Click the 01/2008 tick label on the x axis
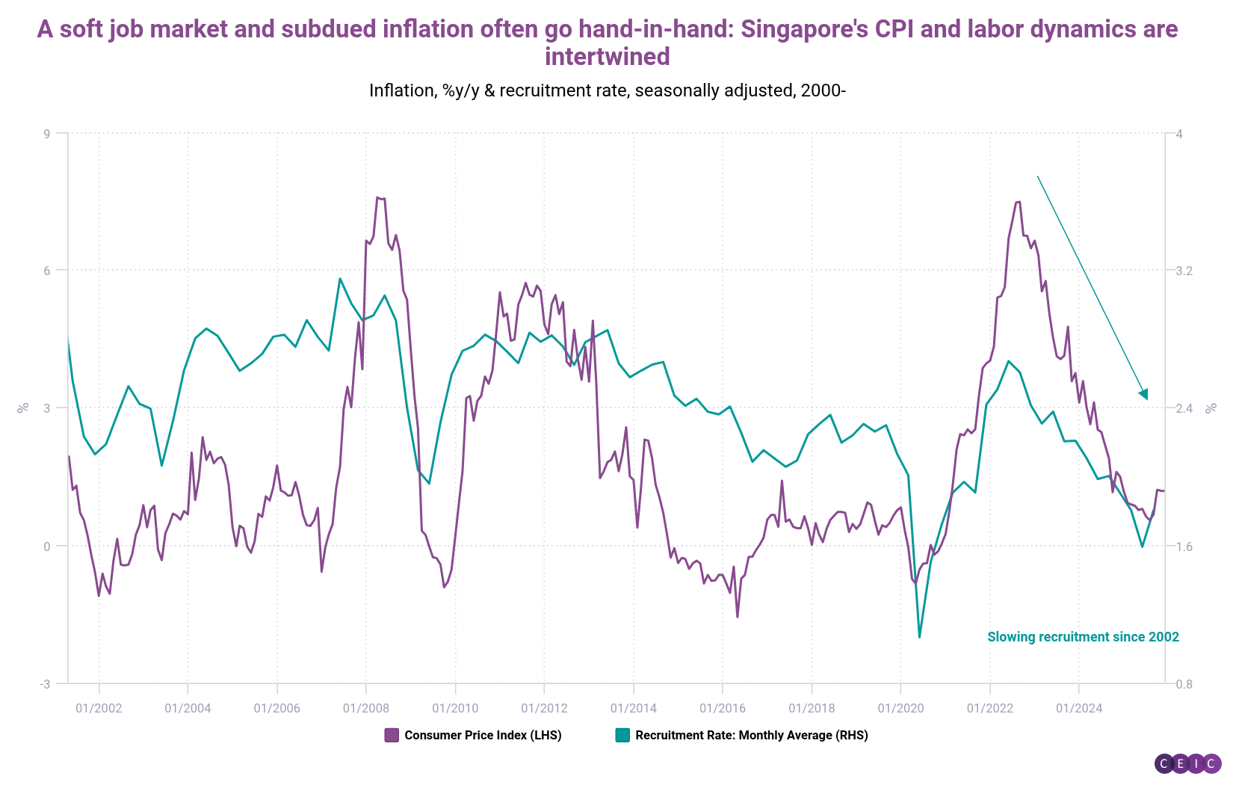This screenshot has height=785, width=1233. (x=365, y=708)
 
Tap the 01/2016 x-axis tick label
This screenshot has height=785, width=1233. (x=722, y=708)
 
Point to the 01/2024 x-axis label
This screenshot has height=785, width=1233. (x=1078, y=708)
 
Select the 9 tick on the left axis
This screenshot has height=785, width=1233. (x=46, y=134)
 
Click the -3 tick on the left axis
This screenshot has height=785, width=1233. (x=45, y=684)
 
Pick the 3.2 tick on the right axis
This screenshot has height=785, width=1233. (x=1184, y=271)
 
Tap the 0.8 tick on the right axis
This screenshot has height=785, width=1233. (x=1184, y=684)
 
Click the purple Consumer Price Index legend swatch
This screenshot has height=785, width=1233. (x=392, y=735)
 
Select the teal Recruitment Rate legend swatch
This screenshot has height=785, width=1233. (x=622, y=735)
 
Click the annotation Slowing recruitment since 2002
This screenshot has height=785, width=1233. (x=1083, y=637)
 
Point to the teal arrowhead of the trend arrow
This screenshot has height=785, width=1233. (x=1144, y=395)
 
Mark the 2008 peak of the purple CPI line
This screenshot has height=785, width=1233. (x=377, y=197)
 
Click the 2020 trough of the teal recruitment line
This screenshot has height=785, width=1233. (x=919, y=637)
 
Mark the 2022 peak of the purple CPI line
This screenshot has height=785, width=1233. (x=1018, y=202)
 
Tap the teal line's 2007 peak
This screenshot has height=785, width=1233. (x=340, y=279)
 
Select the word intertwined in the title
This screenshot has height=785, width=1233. (x=607, y=57)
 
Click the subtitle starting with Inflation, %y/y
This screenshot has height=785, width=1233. (x=607, y=90)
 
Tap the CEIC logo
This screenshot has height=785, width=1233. (x=1187, y=763)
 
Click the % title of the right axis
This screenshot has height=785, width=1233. (x=1211, y=407)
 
